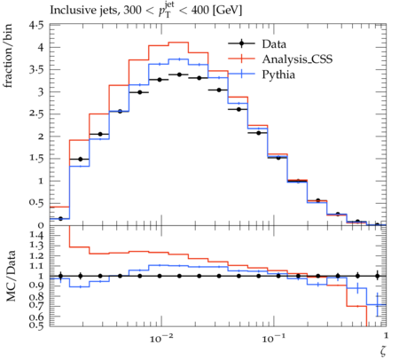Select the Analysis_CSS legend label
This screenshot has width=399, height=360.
(297, 59)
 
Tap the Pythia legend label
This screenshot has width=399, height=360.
(278, 74)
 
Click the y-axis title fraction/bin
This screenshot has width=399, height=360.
(8, 56)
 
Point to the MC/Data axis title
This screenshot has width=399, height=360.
(11, 276)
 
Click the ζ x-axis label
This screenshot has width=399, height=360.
(383, 350)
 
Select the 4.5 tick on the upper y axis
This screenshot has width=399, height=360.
(36, 26)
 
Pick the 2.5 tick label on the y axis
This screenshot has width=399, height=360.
(36, 113)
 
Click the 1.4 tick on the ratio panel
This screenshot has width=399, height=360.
(36, 236)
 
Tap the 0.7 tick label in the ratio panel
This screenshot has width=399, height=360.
(36, 305)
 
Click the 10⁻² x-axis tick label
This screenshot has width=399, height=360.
(160, 338)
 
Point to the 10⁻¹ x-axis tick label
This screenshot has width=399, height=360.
(273, 338)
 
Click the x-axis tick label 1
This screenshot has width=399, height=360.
(386, 335)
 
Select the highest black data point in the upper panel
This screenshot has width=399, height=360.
(179, 74)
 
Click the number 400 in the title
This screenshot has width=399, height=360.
(200, 11)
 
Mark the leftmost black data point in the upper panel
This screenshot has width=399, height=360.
(60, 219)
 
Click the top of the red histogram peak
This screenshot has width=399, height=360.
(178, 43)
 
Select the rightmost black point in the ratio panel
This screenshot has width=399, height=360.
(377, 276)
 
